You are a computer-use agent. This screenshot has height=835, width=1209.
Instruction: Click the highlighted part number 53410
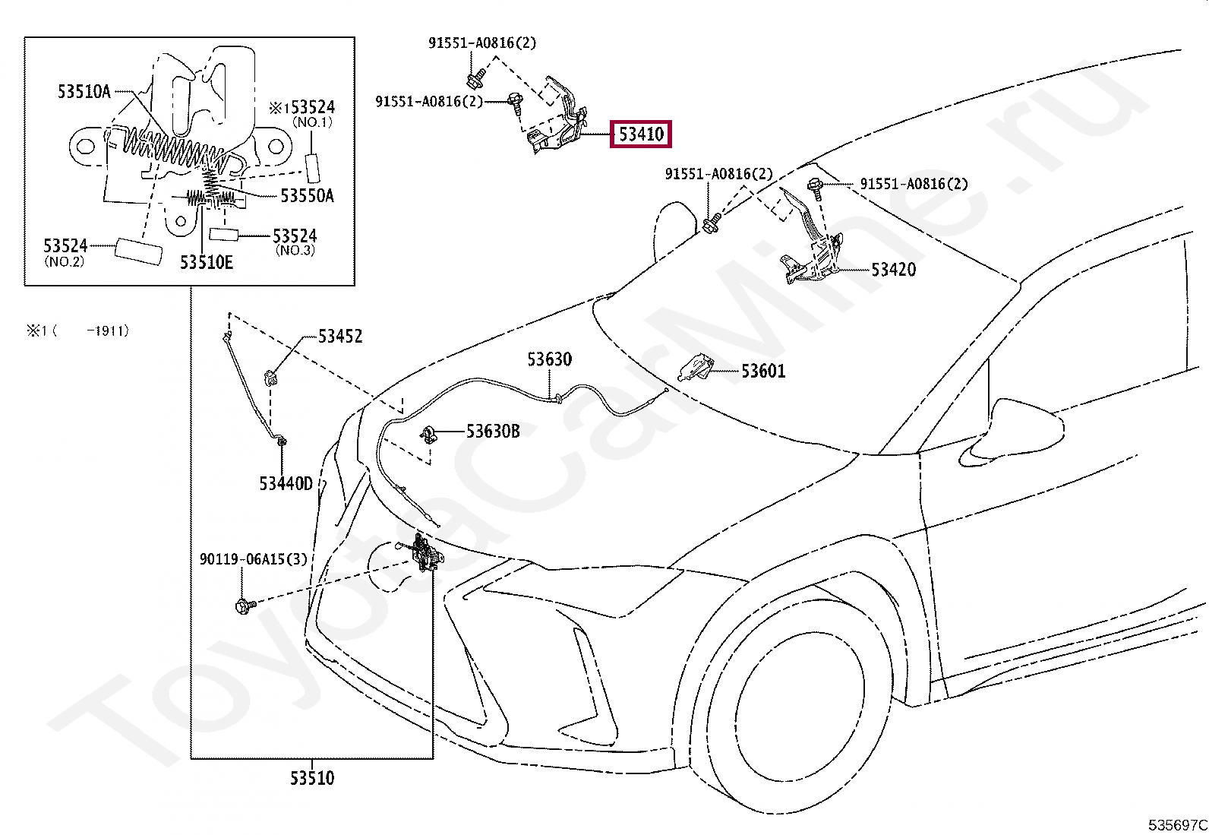[x=641, y=134]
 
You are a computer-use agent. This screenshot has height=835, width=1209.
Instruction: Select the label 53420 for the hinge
[x=893, y=270]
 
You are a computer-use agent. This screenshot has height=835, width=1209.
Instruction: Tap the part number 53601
[x=763, y=371]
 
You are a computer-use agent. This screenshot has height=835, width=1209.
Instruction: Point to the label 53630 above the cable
[x=550, y=359]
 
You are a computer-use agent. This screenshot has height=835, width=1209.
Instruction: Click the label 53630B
[x=493, y=431]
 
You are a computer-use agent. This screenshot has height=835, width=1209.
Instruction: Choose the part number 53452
[x=340, y=337]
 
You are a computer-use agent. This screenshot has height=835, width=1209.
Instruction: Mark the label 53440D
[x=286, y=483]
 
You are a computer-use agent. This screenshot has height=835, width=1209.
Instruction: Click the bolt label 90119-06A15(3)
[x=253, y=559]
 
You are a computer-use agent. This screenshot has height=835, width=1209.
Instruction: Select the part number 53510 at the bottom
[x=312, y=778]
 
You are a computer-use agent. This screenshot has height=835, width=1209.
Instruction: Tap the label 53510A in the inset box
[x=84, y=92]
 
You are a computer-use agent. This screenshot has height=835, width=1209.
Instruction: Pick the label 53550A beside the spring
[x=307, y=195]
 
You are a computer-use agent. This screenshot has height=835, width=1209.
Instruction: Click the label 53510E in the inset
[x=206, y=262]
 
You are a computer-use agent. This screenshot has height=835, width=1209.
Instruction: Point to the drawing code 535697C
[x=1178, y=824]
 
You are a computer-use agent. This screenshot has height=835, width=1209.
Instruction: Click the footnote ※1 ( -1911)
[x=77, y=331]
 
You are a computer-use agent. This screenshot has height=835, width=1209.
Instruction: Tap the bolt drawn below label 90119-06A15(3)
[x=245, y=606]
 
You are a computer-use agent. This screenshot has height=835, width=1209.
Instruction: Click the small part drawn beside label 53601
[x=696, y=368]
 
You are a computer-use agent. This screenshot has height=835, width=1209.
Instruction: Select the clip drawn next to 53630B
[x=428, y=435]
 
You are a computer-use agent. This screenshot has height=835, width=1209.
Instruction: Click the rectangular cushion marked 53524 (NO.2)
[x=138, y=252]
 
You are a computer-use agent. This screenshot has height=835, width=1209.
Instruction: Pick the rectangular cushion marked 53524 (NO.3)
[x=224, y=235]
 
